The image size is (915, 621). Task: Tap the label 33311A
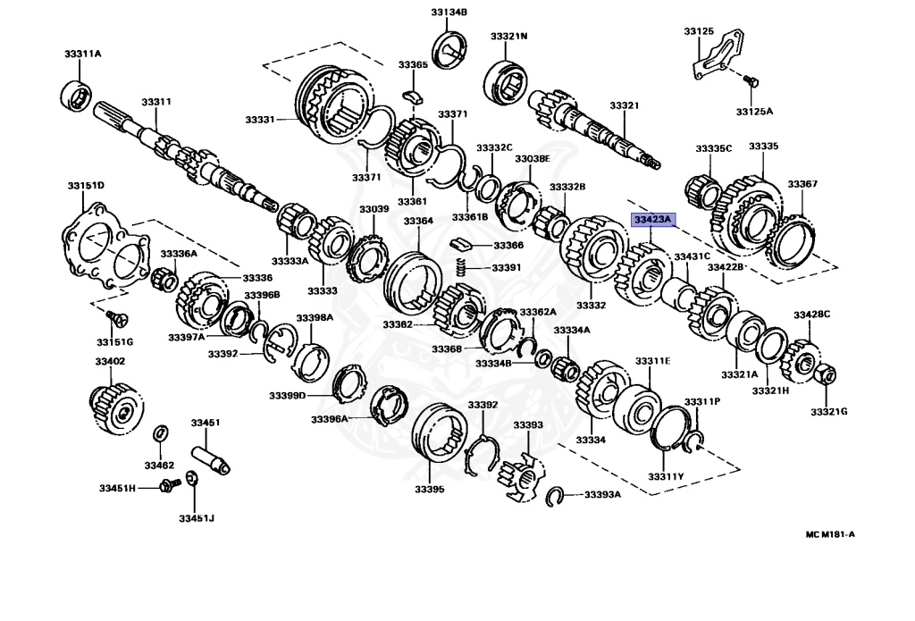pos(83,54)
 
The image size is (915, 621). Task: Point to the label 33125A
pos(754,112)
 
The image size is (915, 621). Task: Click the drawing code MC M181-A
pos(830,534)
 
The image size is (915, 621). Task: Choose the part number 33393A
pos(603,494)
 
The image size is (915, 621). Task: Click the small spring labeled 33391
pos(461,266)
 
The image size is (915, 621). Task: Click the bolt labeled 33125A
pos(751,82)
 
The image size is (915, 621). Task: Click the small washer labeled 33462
pos(159,433)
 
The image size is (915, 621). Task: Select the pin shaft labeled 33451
pos(211,451)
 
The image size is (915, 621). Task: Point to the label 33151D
pos(86,186)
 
